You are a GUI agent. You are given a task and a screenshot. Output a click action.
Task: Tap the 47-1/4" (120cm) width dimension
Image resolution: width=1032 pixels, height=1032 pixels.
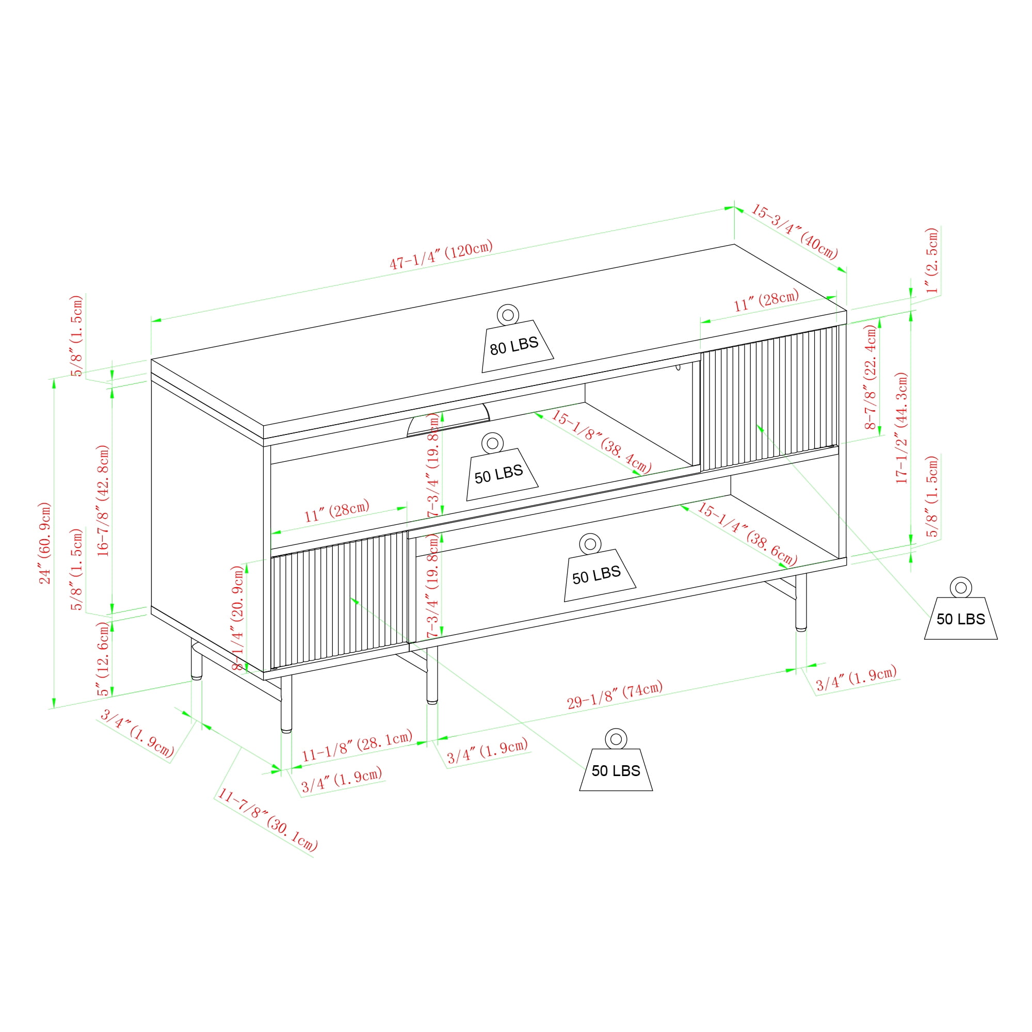point(441,255)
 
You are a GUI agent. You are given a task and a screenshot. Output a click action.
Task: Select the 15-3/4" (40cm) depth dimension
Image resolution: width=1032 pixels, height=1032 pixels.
point(794,231)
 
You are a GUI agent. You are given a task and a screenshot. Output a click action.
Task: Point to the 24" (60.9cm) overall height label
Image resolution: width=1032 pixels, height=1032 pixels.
point(45,543)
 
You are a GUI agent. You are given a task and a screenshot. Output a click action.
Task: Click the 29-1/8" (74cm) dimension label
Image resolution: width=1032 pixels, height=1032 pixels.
point(615,695)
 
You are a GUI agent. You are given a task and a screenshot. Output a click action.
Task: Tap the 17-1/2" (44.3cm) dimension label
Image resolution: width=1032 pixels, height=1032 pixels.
point(901,428)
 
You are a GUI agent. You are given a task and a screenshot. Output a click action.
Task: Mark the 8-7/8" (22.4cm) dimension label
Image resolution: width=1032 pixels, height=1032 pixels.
point(870,377)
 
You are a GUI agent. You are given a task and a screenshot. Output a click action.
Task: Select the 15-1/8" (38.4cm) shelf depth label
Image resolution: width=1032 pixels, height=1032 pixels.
point(601,441)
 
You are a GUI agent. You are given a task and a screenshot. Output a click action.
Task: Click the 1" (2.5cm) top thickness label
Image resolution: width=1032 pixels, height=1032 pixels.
point(932,261)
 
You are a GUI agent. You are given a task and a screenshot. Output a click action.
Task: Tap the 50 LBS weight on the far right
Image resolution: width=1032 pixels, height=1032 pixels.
point(961,608)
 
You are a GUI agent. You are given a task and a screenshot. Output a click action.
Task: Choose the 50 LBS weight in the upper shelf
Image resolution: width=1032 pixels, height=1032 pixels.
point(502,467)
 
